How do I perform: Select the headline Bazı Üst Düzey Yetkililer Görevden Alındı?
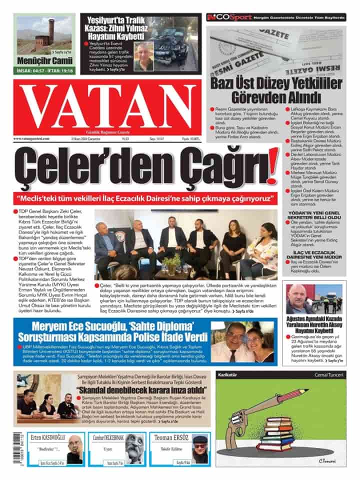276,89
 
